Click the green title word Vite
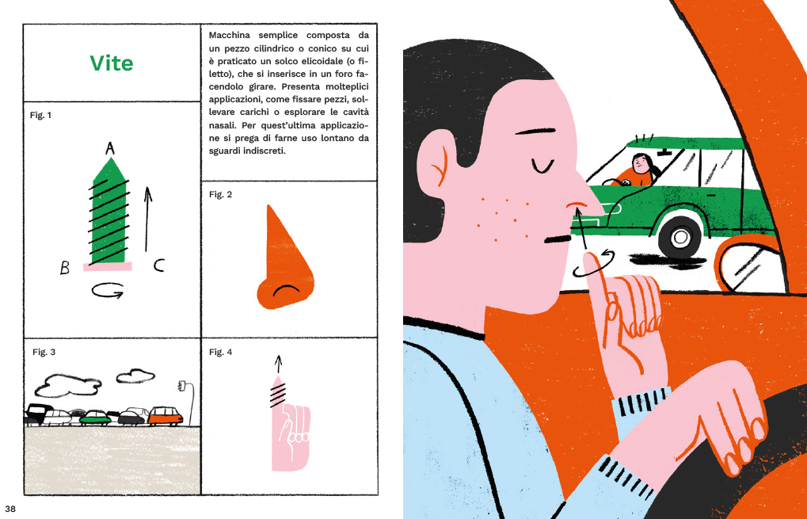(x=111, y=63)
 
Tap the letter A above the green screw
(x=109, y=149)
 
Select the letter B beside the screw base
(x=65, y=268)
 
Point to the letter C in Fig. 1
(x=159, y=265)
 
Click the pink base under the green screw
(x=108, y=266)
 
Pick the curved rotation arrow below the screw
(x=108, y=291)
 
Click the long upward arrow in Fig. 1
(x=148, y=219)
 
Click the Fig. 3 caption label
(x=44, y=352)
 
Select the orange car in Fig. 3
(x=166, y=416)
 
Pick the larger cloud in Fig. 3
(x=67, y=386)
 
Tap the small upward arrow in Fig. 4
(x=279, y=364)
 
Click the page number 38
(x=10, y=509)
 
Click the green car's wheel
(x=680, y=237)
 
